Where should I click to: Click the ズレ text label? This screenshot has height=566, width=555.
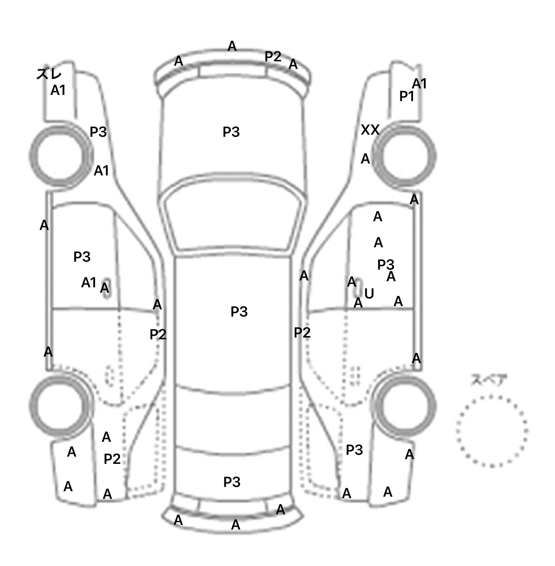pos(49,74)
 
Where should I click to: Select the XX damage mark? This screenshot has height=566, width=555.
pos(370,130)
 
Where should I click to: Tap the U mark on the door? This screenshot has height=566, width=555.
pos(369,294)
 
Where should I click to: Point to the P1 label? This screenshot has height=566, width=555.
pos(406,96)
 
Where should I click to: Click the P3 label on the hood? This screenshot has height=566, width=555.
pos(231,132)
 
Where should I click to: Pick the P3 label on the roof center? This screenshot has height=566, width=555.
pos(239,312)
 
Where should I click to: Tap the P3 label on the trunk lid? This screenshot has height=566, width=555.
pos(232,482)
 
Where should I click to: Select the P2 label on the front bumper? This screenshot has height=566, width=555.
pos(273,56)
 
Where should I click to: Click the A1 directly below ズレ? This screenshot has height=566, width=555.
pos(58,90)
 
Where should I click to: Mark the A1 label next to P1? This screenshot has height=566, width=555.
pos(420,84)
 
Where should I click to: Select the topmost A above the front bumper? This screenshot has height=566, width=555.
pos(232,46)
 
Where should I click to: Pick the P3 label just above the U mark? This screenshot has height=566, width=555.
pos(386,265)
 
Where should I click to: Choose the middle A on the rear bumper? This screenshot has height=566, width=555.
pos(236,525)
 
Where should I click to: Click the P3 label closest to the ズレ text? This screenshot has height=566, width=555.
pos(98,132)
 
